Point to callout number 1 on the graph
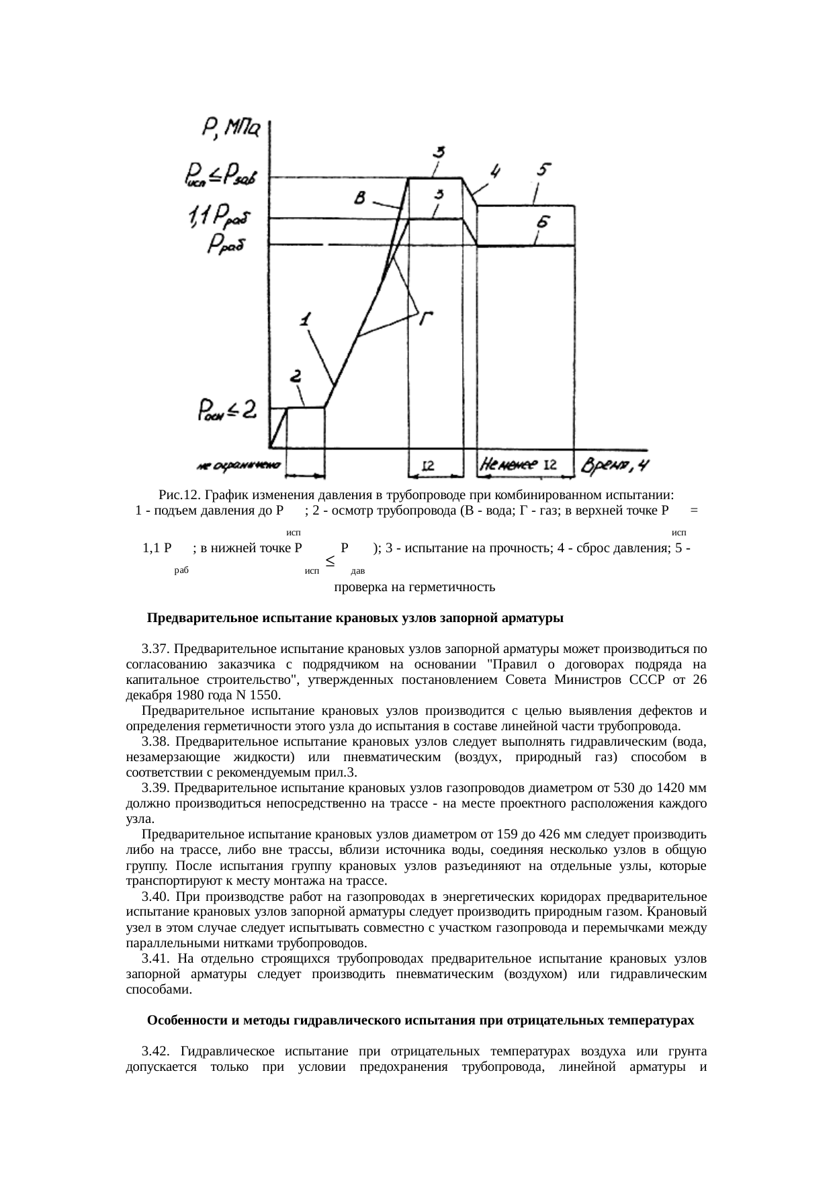(x=306, y=320)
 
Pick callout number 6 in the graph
(x=543, y=222)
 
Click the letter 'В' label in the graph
(x=361, y=198)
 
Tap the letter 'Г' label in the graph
(x=425, y=318)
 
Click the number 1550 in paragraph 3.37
(x=264, y=695)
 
